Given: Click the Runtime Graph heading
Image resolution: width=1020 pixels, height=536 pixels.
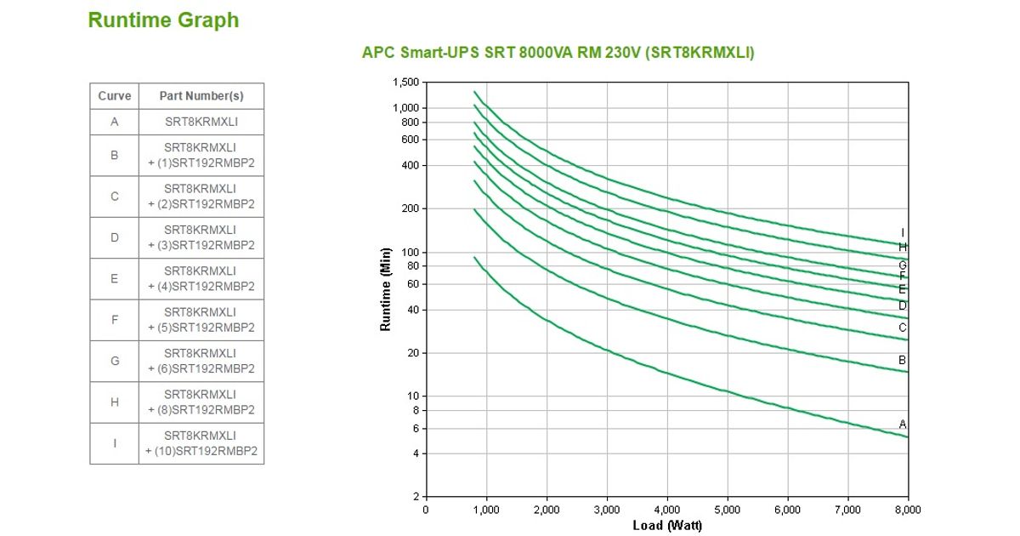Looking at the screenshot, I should (163, 20).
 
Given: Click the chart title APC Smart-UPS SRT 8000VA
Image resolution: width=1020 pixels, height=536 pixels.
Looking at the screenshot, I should (558, 53).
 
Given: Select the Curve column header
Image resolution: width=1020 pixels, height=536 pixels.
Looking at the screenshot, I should (115, 96).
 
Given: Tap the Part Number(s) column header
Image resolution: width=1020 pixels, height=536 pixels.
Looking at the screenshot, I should (201, 96).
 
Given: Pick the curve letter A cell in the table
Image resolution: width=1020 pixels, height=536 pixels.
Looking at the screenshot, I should (115, 122).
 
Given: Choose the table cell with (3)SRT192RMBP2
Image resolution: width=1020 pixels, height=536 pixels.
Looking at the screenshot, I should (201, 237).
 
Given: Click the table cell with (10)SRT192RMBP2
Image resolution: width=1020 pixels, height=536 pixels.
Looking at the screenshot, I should (201, 443).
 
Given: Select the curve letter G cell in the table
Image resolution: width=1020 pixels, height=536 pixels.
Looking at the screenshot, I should (115, 361).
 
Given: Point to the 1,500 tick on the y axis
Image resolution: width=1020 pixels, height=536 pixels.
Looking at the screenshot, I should (406, 83).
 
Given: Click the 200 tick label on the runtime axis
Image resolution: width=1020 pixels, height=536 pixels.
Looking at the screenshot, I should (411, 208).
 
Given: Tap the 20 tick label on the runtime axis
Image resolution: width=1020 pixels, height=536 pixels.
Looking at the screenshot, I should (413, 353).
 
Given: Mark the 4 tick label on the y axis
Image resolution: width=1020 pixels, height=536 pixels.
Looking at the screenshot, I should (416, 453).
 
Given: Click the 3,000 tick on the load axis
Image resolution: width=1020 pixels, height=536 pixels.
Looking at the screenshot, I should (606, 510).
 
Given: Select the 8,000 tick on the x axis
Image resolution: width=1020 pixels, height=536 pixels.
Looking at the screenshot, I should (908, 510).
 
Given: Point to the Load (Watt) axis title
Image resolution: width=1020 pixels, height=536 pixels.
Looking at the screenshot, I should (667, 526).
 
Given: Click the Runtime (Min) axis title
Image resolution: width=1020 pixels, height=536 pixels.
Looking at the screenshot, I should (386, 289).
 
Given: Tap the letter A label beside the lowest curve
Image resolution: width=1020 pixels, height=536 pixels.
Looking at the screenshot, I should (903, 424).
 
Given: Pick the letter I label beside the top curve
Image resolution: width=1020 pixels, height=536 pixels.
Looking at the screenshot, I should (903, 233).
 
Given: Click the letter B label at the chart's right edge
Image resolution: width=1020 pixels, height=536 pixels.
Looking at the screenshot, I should (903, 361).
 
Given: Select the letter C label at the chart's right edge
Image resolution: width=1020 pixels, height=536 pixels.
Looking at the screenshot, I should (903, 328).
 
